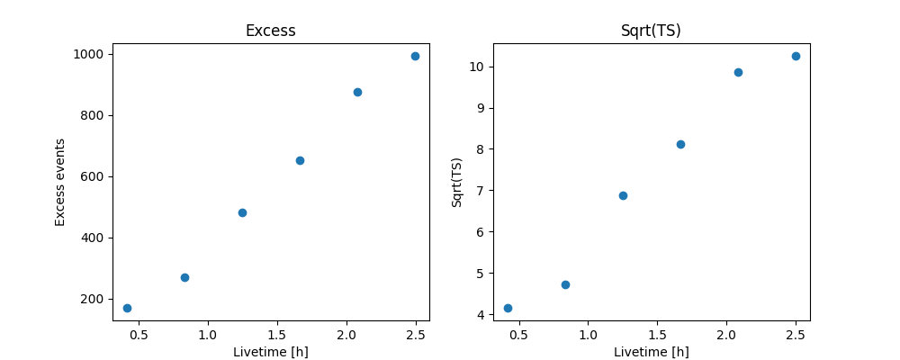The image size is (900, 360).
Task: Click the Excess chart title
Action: pyautogui.click(x=270, y=31)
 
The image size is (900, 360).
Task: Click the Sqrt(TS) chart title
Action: pyautogui.click(x=651, y=31)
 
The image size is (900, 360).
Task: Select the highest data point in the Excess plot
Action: pyautogui.click(x=415, y=56)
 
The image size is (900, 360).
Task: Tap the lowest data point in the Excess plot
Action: pyautogui.click(x=127, y=308)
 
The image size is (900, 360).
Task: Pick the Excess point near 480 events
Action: pyautogui.click(x=242, y=212)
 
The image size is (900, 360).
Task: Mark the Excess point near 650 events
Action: pyautogui.click(x=300, y=160)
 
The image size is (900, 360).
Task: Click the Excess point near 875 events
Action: pyautogui.click(x=357, y=92)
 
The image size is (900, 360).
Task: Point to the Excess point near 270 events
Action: pyautogui.click(x=184, y=277)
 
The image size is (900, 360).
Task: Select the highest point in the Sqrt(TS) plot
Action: pyautogui.click(x=796, y=56)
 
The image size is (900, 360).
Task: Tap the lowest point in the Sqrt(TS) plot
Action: pyautogui.click(x=508, y=308)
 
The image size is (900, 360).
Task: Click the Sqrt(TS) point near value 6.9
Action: pyautogui.click(x=623, y=195)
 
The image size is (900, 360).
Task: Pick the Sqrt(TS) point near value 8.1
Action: pyautogui.click(x=680, y=144)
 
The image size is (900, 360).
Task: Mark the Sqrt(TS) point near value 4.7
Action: pyautogui.click(x=565, y=284)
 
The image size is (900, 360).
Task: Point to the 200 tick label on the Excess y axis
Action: pyautogui.click(x=94, y=299)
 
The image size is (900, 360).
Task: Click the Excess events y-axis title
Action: pyautogui.click(x=60, y=182)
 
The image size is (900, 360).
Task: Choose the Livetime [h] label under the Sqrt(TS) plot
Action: pyautogui.click(x=651, y=352)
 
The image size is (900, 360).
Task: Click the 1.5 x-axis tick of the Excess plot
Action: pyautogui.click(x=277, y=335)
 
